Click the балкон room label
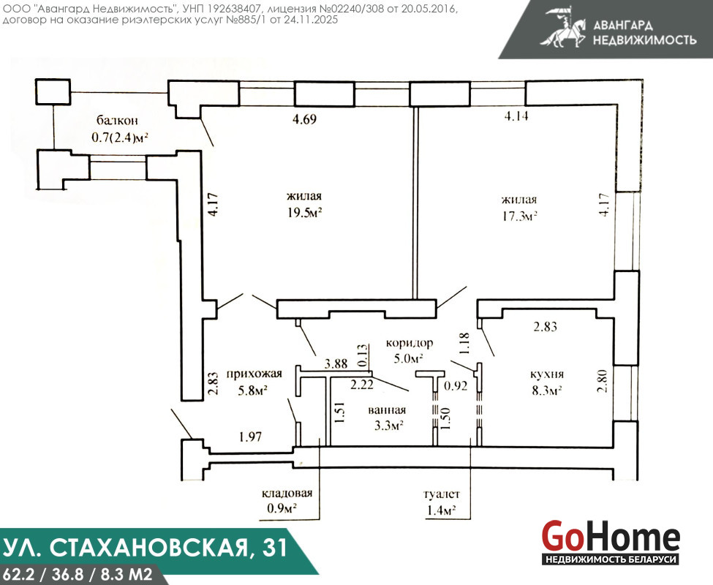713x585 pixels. coord(117,121)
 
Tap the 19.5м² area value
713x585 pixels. coord(304,213)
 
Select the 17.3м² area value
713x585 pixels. coord(519,216)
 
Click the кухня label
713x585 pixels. coord(547,374)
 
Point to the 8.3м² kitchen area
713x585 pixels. coord(547,390)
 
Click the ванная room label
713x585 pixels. coord(387,410)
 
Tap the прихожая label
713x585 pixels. coord(254,374)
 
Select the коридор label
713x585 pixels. coord(410,343)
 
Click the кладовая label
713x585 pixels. coord(287,494)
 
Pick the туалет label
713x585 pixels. coord(441,494)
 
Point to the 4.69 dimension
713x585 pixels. coord(304,119)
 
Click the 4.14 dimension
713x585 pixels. coord(516,116)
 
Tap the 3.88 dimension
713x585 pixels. coord(336,363)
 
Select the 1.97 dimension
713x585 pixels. coord(250,437)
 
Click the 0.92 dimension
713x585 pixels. coord(456,386)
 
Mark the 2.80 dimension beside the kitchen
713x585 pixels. coord(603,381)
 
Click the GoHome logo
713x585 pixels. coord(611,542)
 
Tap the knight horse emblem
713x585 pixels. coord(563,27)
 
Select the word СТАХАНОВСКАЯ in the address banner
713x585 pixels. coord(149,548)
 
